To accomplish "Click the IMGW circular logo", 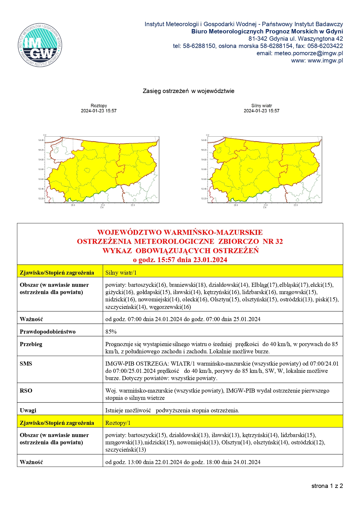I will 40,45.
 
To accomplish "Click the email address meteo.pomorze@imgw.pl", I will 308,53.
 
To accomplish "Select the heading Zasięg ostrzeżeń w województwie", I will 188,91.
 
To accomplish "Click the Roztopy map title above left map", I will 99,106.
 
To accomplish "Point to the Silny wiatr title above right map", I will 262,106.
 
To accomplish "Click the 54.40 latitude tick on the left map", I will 41,140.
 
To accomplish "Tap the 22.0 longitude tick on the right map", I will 296,205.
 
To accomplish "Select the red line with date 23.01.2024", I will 180,260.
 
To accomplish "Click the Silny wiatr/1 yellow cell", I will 121,273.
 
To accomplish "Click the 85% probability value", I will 111,332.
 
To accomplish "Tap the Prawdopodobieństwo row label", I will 48,332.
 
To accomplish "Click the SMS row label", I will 26,364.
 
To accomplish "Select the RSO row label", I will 26,391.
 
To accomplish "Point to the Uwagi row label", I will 28,410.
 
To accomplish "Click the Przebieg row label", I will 31,344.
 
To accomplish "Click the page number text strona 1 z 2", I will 327,486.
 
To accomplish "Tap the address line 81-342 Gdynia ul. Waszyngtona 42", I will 296,39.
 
